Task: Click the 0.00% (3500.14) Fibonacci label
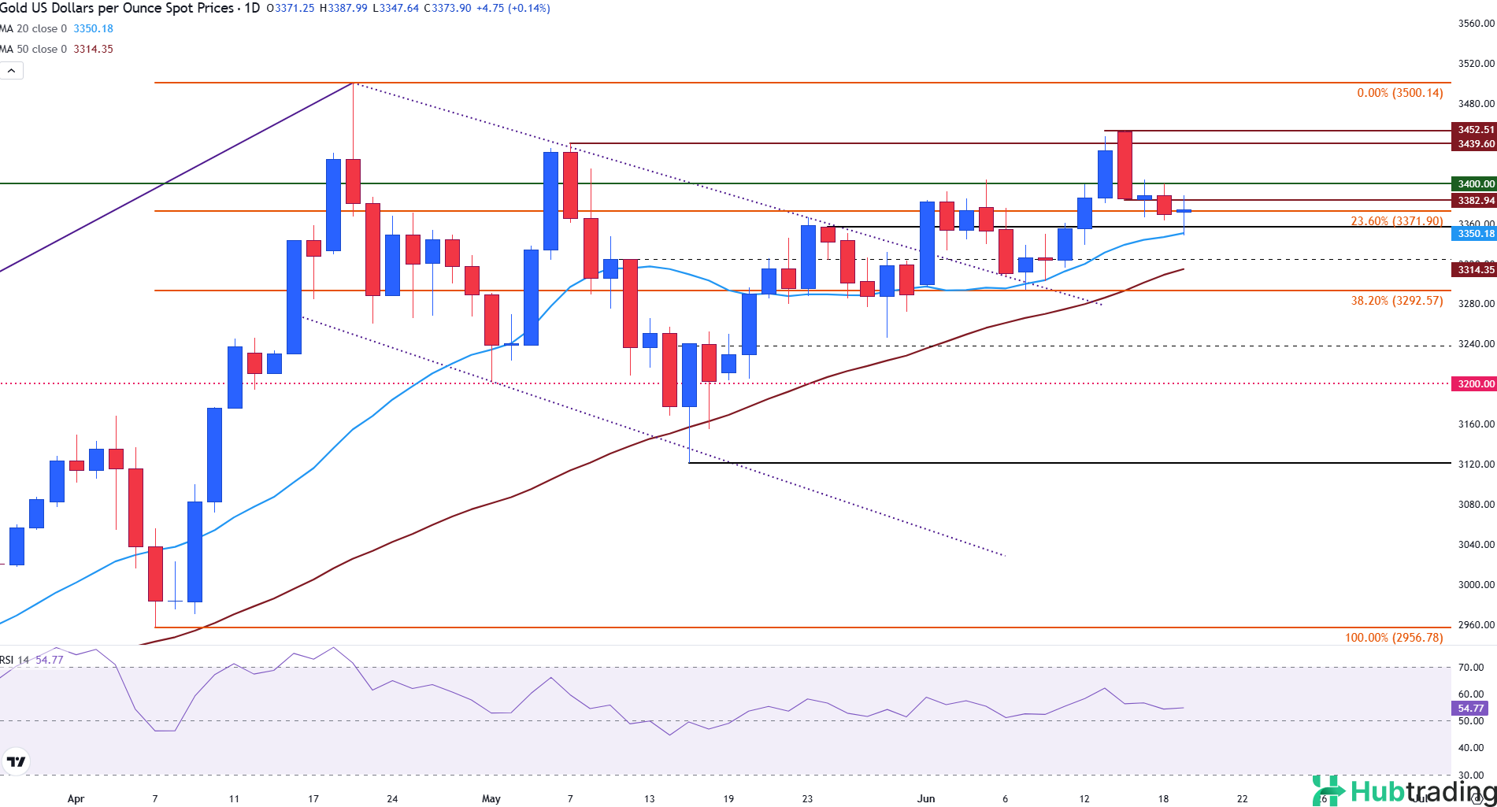[1399, 93]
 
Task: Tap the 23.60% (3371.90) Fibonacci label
[1396, 221]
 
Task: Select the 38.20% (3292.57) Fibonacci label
[1396, 301]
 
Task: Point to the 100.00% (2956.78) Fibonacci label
[1393, 638]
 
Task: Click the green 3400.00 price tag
[1474, 184]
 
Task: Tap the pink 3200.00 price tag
[1474, 384]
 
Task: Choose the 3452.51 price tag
[1474, 130]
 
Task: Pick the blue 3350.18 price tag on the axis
[1474, 234]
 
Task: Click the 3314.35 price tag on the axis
[1474, 270]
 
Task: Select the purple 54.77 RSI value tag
[1469, 709]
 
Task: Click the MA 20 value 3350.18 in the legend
[93, 29]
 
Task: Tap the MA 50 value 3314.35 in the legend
[93, 50]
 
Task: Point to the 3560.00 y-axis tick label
[1476, 24]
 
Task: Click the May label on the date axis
[491, 798]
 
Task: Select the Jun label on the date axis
[926, 798]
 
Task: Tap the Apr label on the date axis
[76, 798]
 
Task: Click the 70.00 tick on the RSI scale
[1470, 668]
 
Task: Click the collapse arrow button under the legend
[12, 71]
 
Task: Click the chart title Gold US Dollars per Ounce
[118, 8]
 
